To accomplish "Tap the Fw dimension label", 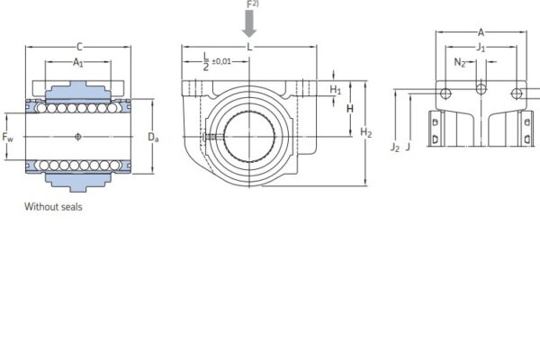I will point(8,137).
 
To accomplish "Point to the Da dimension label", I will point(153,138).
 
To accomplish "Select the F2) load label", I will point(252,4).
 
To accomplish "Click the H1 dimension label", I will point(335,89).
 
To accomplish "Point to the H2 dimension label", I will point(365,133).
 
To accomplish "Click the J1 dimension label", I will point(481,47).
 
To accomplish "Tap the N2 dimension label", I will point(459,62).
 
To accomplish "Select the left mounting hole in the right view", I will point(445,93).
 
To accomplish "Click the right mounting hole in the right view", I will point(517,93).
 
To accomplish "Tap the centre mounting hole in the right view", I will point(481,88).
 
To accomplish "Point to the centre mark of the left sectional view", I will point(79,136).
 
